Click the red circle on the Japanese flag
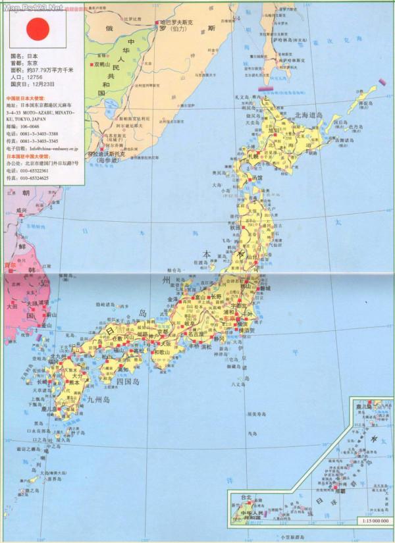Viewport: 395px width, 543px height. (38, 28)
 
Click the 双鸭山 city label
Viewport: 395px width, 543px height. (106, 85)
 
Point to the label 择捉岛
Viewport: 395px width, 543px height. (365, 104)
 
